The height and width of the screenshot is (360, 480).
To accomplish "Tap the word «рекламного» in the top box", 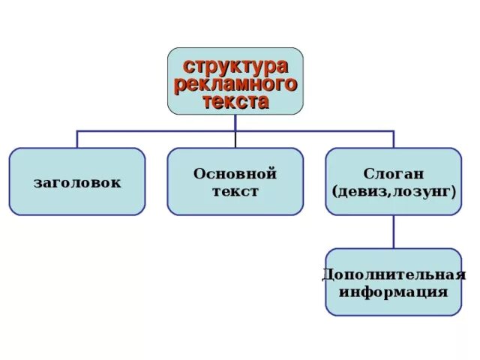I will pos(235,83).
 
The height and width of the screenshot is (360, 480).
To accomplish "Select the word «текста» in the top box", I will pos(235,101).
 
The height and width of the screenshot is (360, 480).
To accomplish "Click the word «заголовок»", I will pos(76,182).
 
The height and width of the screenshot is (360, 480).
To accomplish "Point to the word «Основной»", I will pos(235,174).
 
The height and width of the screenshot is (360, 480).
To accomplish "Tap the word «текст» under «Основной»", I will pos(235,191).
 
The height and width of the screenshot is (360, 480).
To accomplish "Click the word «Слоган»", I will pos(394,174).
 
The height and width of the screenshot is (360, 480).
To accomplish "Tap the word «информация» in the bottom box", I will pos(394,291).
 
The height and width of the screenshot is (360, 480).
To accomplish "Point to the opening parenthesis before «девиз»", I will pos(334,192).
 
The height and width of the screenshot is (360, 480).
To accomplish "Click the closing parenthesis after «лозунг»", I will pos(454,192).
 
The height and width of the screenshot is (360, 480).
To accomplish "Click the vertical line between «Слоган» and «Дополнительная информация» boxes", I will pos(394,232).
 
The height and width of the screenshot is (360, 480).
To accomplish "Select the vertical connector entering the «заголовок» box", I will pos(77,139).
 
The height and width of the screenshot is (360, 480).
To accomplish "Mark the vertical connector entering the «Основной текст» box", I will pos(235,139).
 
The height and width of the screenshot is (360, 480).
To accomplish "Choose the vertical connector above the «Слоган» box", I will pos(394,139).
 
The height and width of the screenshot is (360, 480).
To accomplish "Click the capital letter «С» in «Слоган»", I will pos(370,174).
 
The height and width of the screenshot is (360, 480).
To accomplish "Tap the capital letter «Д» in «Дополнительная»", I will pos(328,274).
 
